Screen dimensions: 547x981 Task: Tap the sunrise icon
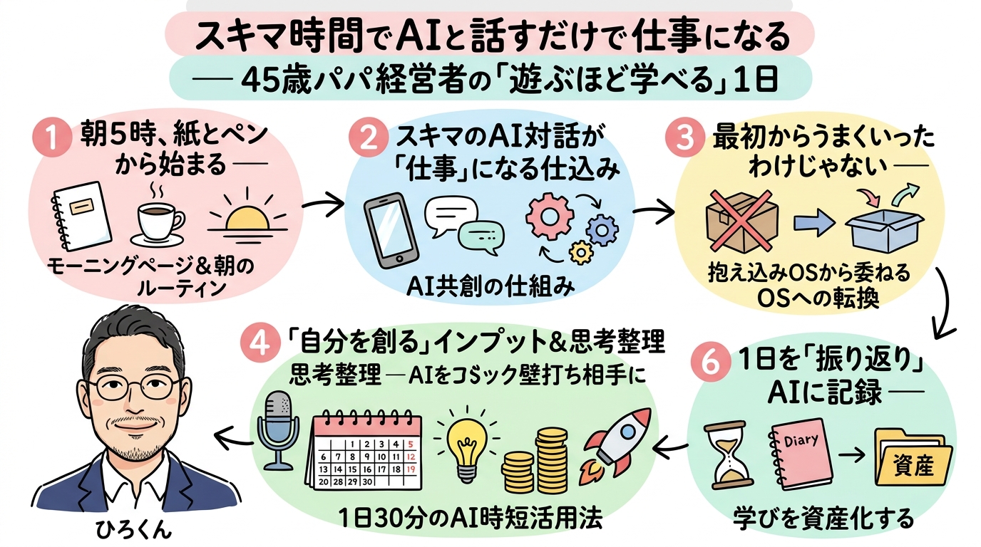click(x=246, y=216)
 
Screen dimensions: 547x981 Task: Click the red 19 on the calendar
click(x=409, y=469)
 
